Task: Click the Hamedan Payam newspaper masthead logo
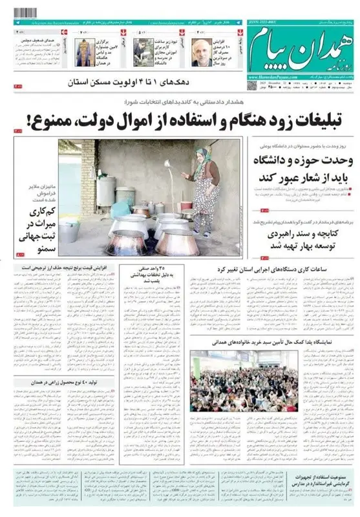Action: point(304,48)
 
